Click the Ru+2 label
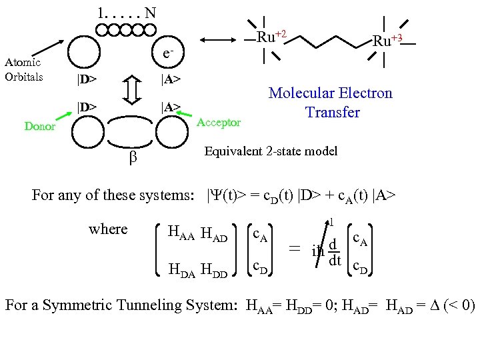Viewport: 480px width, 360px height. [x=272, y=37]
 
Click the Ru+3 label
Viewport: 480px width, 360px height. [x=387, y=41]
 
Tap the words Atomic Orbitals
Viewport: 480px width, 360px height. [x=24, y=69]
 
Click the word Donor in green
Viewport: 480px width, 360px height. [x=40, y=127]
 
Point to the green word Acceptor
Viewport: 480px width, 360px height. [x=220, y=123]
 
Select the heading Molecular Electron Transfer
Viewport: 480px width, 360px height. [x=330, y=103]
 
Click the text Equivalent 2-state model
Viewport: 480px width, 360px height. [x=271, y=151]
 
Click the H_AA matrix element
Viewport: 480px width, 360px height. [x=181, y=233]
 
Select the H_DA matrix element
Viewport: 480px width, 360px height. [x=182, y=270]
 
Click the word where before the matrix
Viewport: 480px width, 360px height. [x=108, y=229]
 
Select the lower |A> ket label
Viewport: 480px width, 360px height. [x=171, y=107]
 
